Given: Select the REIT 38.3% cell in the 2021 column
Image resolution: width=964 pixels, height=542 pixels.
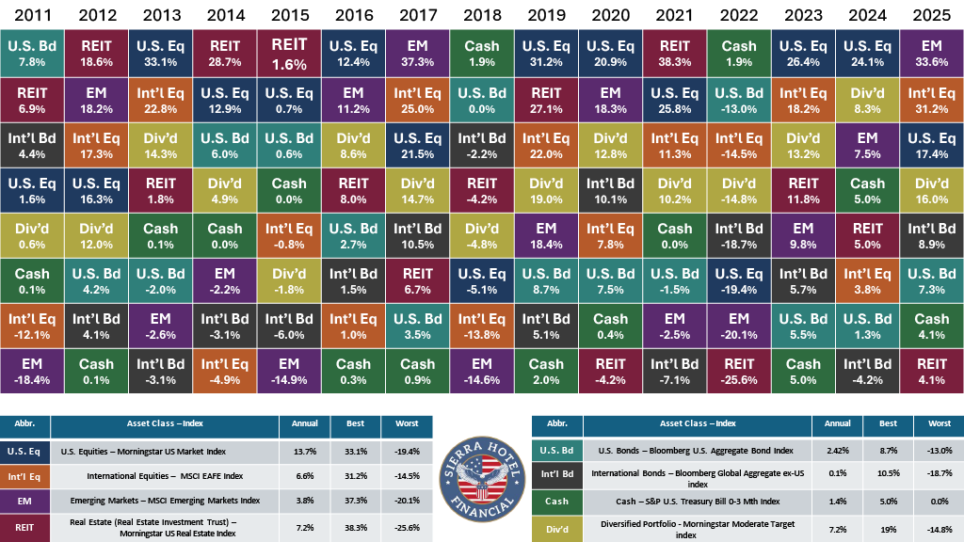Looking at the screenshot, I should [674, 53].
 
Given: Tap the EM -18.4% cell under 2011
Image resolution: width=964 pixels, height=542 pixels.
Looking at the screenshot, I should [32, 370].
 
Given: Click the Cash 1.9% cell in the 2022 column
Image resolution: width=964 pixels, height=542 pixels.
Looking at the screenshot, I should [739, 53].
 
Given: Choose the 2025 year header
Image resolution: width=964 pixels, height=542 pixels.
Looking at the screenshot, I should [932, 16].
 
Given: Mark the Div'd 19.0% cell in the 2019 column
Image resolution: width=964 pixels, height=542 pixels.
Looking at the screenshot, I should [546, 189].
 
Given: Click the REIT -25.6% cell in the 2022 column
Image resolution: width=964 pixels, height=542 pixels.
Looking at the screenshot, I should [739, 370].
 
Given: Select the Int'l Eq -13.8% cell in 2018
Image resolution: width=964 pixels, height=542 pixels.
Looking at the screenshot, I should [482, 325].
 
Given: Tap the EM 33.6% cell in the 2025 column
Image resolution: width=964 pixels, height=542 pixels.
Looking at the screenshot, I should [932, 53].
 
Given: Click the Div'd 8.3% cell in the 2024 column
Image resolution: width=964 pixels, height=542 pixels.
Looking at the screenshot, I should [867, 98].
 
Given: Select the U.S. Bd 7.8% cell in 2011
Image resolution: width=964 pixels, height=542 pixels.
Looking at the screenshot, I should [32, 53].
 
